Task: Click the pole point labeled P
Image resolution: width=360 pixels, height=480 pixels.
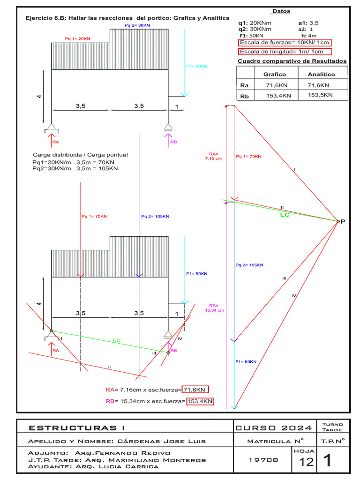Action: tap(338, 221)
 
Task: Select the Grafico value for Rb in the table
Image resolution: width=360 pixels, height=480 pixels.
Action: tap(274, 96)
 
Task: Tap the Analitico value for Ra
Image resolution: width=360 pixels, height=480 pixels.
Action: tap(319, 85)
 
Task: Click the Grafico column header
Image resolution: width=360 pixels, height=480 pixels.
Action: tap(274, 74)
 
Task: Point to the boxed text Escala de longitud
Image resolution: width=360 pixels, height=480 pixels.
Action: tap(285, 52)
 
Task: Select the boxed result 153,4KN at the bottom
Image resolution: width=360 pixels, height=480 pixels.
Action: tap(200, 401)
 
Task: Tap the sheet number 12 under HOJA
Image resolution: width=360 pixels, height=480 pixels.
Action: tap(306, 462)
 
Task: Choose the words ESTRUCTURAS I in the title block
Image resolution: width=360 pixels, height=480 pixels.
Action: tap(77, 427)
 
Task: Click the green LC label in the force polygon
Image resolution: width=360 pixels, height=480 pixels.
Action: tap(285, 215)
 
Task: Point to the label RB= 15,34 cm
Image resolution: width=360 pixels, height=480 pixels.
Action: tap(215, 307)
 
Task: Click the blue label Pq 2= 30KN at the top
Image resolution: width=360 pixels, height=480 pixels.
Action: tap(137, 24)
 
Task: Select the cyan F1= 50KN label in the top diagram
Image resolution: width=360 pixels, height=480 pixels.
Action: tap(196, 67)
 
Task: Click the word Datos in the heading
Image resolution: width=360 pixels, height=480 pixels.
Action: tap(281, 11)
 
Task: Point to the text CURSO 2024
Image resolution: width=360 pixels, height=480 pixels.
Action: tap(274, 427)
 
